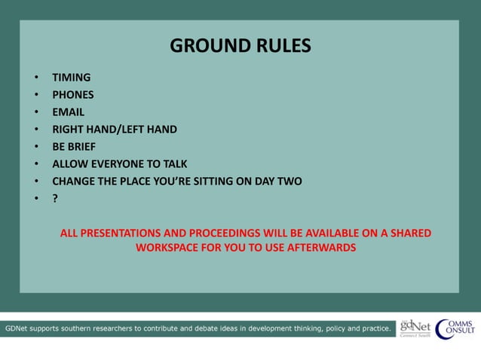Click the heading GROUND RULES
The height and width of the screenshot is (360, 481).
click(240, 46)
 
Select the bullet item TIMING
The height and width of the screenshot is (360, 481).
click(71, 78)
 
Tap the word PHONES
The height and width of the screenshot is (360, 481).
click(73, 95)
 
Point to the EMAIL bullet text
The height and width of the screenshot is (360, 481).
click(68, 112)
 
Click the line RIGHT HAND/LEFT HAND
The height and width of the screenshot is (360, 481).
click(115, 130)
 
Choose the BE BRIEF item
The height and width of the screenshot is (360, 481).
click(74, 147)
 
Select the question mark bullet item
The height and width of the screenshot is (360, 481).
click(55, 199)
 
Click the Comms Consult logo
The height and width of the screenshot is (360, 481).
click(455, 328)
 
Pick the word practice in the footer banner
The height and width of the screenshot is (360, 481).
click(372, 328)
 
